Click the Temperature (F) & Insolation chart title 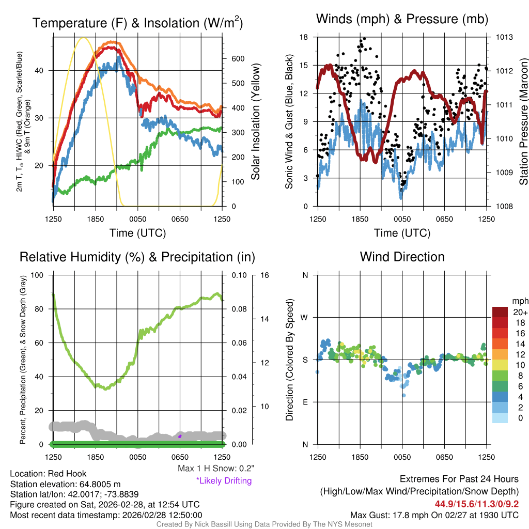coord(137,23)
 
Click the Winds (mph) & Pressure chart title coord(402,20)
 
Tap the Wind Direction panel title coord(402,257)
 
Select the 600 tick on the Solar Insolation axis coord(238,59)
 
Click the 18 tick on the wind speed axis coord(304,37)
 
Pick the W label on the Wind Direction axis coord(305,317)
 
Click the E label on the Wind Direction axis coord(305,402)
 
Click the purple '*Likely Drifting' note coord(224,481)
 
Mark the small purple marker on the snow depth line coord(180,436)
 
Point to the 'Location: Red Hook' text coord(49,474)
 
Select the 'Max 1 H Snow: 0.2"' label coord(215,469)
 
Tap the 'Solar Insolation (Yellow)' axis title coord(255,122)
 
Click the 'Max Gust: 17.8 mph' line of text coord(434,515)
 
